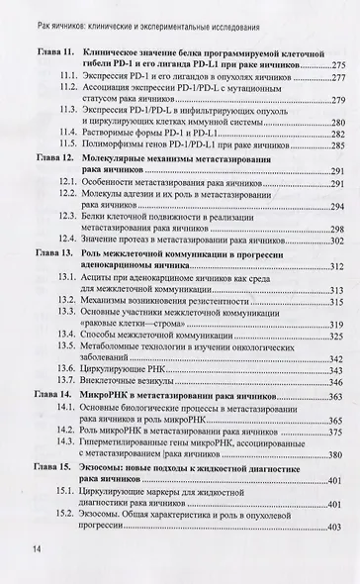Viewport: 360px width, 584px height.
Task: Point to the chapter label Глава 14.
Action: click(x=53, y=395)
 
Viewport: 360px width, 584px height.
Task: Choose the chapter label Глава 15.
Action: click(x=53, y=464)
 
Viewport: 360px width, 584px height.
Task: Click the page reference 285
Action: click(x=337, y=145)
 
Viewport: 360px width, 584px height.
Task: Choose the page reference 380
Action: click(x=337, y=454)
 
